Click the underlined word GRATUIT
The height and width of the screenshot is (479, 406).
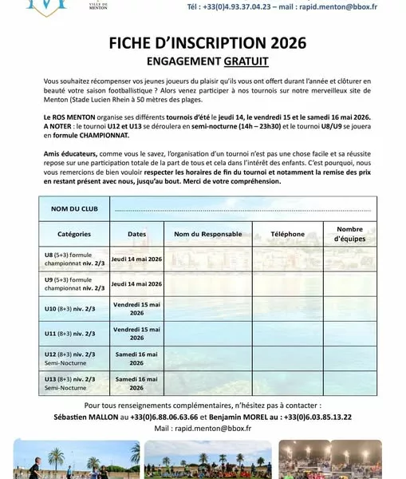click(246, 61)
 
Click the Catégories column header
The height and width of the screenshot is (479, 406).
click(73, 234)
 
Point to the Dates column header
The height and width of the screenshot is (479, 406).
click(137, 234)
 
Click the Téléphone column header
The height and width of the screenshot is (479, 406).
click(287, 234)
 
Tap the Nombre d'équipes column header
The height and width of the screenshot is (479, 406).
click(349, 234)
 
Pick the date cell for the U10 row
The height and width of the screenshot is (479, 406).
click(137, 308)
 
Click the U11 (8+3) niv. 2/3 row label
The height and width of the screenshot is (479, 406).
click(70, 333)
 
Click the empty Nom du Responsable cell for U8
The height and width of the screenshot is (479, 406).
click(207, 259)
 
